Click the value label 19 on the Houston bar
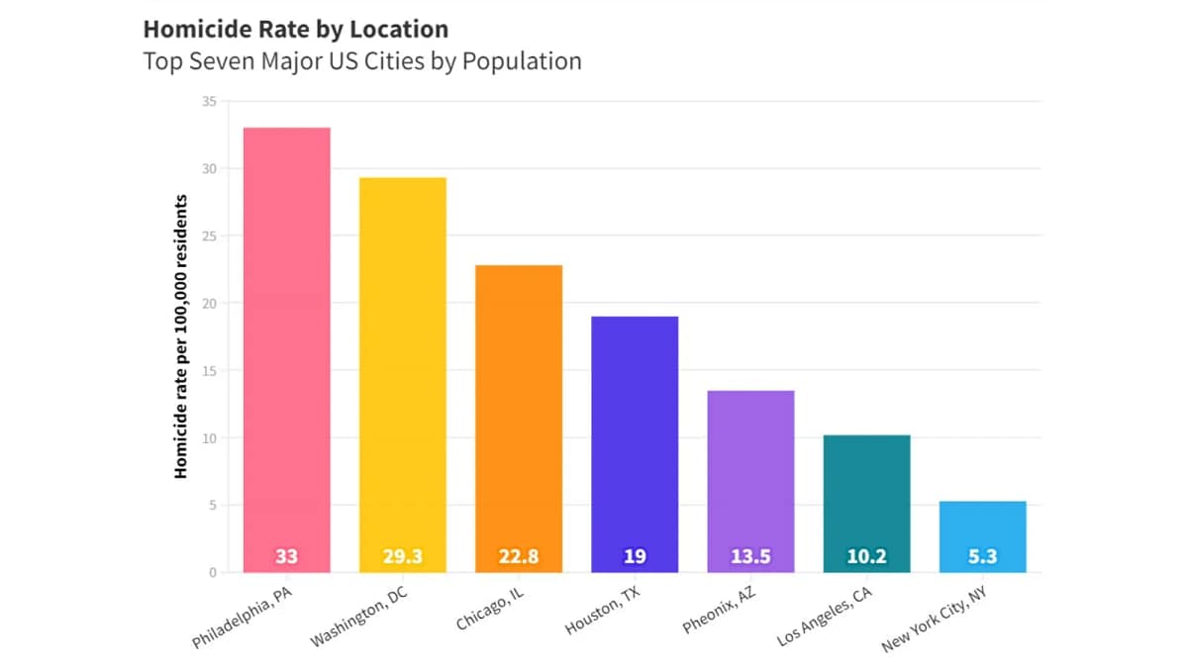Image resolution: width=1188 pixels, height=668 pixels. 635,556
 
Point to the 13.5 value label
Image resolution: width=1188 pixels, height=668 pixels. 750,556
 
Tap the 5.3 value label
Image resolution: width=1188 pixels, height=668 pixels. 982,556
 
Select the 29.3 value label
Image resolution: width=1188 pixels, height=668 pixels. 402,556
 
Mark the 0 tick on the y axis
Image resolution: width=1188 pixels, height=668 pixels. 211,572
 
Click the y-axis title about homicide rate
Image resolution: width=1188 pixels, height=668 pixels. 181,336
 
